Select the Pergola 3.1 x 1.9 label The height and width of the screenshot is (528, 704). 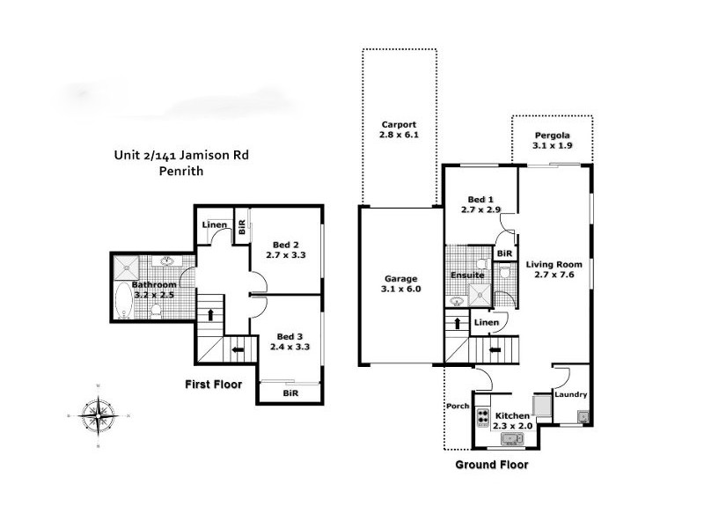point(553,141)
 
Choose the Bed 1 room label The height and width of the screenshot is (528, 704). point(480,205)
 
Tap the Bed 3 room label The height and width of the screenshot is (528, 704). point(290,341)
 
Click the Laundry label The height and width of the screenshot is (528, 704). point(571,395)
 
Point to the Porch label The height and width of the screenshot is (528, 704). point(458,407)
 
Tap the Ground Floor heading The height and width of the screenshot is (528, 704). point(491,464)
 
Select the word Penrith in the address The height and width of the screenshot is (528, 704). point(182,172)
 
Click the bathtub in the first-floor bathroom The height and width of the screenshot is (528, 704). point(122,305)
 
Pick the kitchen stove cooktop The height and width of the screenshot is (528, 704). point(482,414)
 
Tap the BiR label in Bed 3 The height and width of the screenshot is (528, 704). point(290,393)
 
